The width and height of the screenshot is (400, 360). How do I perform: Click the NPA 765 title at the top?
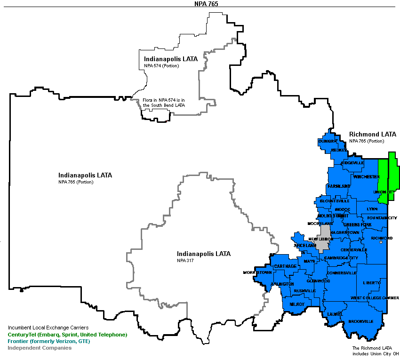(200, 3)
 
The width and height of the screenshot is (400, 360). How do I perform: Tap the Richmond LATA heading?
(373, 135)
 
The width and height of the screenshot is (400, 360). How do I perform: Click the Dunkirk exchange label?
(328, 141)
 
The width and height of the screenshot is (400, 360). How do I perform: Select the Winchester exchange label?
(366, 177)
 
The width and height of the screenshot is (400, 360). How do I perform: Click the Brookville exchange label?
(361, 321)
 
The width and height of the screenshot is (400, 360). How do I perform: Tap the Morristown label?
(257, 273)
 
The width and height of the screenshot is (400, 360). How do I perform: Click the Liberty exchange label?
(371, 283)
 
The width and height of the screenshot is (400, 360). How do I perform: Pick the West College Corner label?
(375, 298)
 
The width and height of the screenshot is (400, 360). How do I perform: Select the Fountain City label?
(382, 218)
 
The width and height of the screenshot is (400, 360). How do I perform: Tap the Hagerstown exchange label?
(345, 232)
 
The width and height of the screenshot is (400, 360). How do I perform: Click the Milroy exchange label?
(297, 304)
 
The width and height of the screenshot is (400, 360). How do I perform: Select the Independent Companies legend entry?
(40, 348)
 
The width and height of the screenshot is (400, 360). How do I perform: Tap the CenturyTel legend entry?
(67, 335)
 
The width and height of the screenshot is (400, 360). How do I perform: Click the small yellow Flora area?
(155, 114)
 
